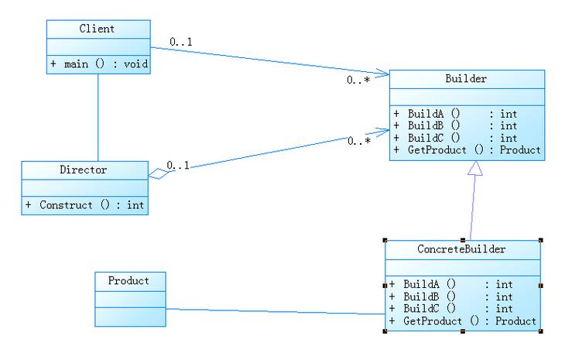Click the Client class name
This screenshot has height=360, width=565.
click(x=97, y=29)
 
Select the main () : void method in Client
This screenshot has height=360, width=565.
click(x=98, y=64)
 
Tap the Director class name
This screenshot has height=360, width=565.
click(x=83, y=169)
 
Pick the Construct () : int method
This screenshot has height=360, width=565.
click(x=84, y=205)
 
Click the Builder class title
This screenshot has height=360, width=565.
click(x=466, y=79)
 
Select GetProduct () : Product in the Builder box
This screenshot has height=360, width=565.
click(x=467, y=149)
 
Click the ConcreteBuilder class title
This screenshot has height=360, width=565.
click(x=461, y=249)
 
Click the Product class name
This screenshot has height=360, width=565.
click(x=128, y=280)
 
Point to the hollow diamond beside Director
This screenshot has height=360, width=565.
click(x=157, y=171)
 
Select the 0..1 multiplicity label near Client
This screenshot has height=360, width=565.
click(x=181, y=42)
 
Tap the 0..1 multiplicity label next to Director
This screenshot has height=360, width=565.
click(x=179, y=164)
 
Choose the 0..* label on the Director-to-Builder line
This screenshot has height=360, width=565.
click(x=358, y=141)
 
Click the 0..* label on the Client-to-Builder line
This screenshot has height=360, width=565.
click(x=358, y=80)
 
